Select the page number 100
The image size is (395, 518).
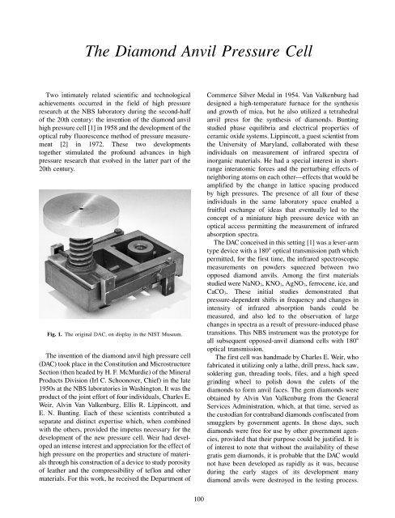(197, 499)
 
